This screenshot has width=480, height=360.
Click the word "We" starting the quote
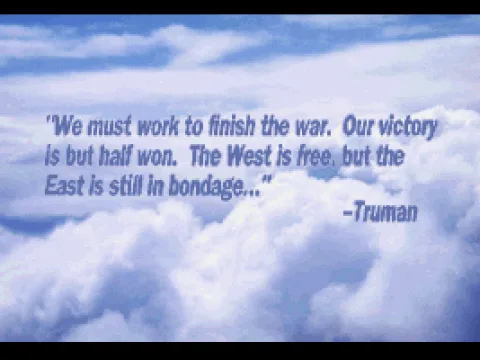[x=65, y=129]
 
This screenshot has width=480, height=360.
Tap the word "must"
[x=103, y=129]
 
